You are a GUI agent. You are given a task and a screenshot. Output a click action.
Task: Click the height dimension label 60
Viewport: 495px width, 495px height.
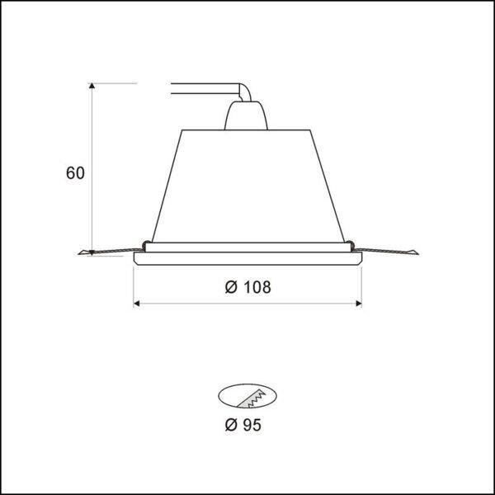[75, 173]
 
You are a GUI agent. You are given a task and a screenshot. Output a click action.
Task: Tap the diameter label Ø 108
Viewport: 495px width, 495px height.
[247, 287]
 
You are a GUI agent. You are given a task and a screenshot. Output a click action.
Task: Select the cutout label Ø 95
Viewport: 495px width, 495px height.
[243, 425]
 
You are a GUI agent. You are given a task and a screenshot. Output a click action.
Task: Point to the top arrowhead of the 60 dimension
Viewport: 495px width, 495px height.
[92, 86]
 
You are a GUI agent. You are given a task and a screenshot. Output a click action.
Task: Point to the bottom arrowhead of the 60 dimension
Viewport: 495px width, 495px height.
[92, 252]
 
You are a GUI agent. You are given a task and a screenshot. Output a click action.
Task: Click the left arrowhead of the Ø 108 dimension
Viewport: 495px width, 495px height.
[137, 304]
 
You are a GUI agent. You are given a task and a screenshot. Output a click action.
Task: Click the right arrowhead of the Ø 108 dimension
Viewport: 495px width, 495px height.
[359, 304]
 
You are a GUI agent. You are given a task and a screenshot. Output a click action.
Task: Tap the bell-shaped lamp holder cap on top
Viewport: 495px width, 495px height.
[246, 115]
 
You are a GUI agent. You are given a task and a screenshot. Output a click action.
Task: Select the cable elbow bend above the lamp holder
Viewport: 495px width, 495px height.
[245, 92]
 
